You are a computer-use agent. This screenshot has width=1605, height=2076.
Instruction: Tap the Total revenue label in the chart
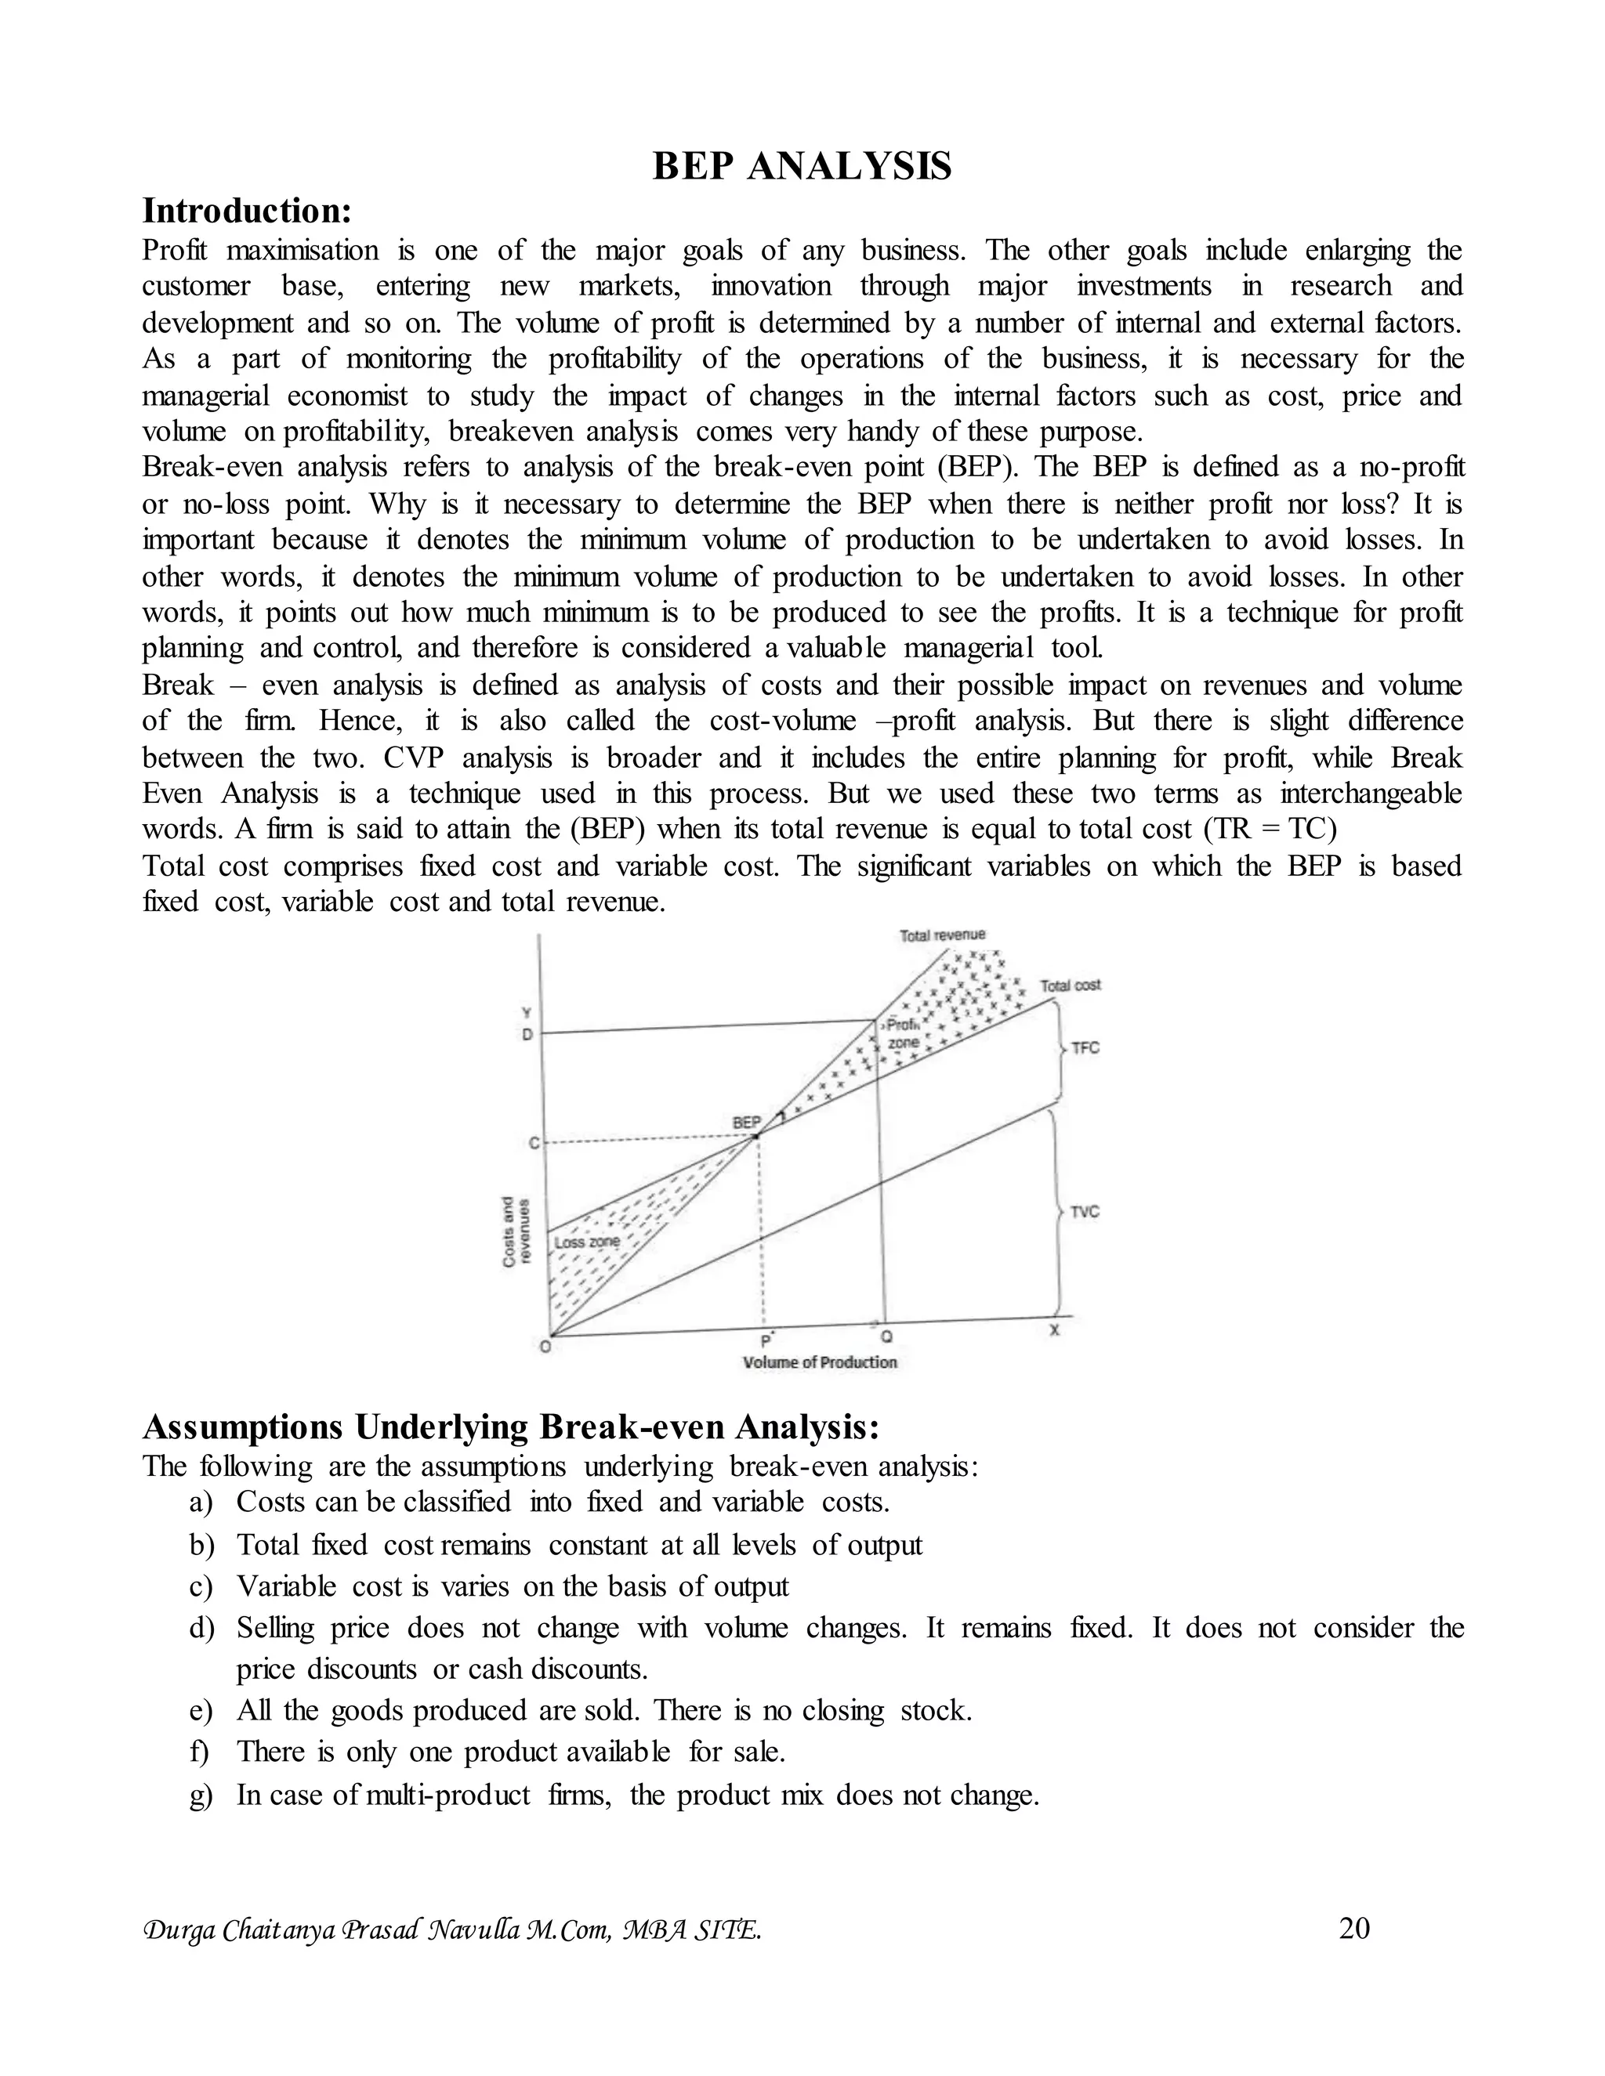942,935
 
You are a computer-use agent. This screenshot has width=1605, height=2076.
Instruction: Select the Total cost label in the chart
1071,985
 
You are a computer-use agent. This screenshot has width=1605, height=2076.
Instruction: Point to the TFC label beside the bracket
1085,1047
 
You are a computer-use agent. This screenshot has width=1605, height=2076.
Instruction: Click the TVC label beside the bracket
1085,1212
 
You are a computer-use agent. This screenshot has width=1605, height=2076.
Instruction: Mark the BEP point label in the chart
746,1123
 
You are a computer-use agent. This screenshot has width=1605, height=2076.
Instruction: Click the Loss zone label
587,1242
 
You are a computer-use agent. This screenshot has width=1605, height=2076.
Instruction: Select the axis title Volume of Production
820,1362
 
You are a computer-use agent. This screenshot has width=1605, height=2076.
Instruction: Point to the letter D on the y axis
527,1034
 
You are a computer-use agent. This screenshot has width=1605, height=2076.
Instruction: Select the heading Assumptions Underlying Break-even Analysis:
512,1427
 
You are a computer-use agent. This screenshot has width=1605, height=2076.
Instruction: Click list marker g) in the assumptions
201,1796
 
